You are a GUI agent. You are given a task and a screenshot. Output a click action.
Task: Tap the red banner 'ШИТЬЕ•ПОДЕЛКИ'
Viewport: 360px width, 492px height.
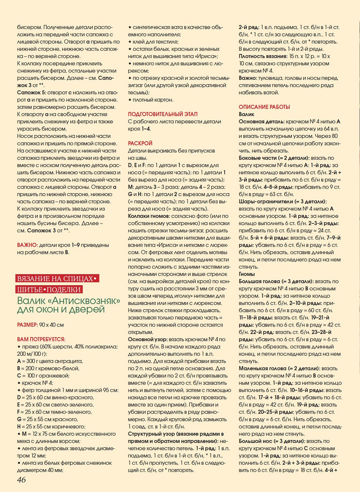(49, 289)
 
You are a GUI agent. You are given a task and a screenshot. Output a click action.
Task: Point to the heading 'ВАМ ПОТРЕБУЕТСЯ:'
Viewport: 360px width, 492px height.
(41, 339)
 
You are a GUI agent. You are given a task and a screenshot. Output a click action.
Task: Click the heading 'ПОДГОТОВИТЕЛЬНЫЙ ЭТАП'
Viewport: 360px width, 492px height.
(163, 114)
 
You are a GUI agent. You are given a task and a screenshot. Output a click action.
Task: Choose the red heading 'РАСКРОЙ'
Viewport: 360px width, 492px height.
(140, 143)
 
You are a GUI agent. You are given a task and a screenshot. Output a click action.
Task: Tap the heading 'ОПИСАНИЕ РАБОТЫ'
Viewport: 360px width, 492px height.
(264, 107)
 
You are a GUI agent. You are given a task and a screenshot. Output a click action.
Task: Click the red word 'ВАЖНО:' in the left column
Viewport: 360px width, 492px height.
(27, 245)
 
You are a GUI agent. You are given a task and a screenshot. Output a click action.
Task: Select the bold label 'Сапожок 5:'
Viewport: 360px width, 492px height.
(32, 93)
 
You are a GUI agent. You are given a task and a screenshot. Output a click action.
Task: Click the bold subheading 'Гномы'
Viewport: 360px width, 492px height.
(247, 274)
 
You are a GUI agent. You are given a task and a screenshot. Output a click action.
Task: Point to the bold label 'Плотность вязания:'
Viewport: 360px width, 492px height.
(263, 56)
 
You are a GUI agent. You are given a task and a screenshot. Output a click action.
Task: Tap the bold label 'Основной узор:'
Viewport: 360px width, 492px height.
(148, 339)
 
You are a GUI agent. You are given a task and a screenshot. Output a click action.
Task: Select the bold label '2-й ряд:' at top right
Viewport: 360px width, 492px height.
(249, 27)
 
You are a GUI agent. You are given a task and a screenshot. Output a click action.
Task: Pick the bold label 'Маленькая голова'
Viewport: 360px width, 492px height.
(262, 368)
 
